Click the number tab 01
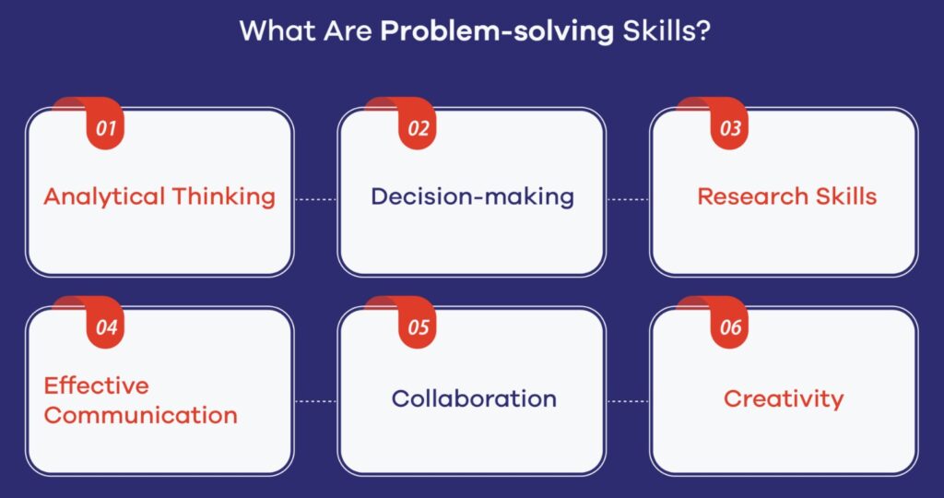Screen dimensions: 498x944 pos(105,127)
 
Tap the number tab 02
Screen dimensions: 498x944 pos(418,127)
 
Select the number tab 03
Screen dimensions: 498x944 pos(730,127)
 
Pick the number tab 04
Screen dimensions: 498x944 pos(105,327)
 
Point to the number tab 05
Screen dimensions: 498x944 pos(418,327)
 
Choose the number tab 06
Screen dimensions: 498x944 pos(730,327)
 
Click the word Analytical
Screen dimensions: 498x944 pos(104,196)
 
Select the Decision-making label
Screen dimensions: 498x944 pos(472,196)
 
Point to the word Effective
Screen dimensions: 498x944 pos(96,385)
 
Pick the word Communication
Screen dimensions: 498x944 pos(140,415)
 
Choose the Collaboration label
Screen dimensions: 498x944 pos(474,398)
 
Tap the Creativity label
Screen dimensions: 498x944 pos(784,398)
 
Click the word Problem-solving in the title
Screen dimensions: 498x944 pos(497,31)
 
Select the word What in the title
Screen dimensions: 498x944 pos(271,30)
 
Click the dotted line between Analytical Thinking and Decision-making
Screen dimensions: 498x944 pos(315,197)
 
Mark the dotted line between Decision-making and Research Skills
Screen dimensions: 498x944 pos(628,197)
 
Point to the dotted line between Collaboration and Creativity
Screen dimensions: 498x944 pos(628,400)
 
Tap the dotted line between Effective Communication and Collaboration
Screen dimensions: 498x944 pos(315,400)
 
